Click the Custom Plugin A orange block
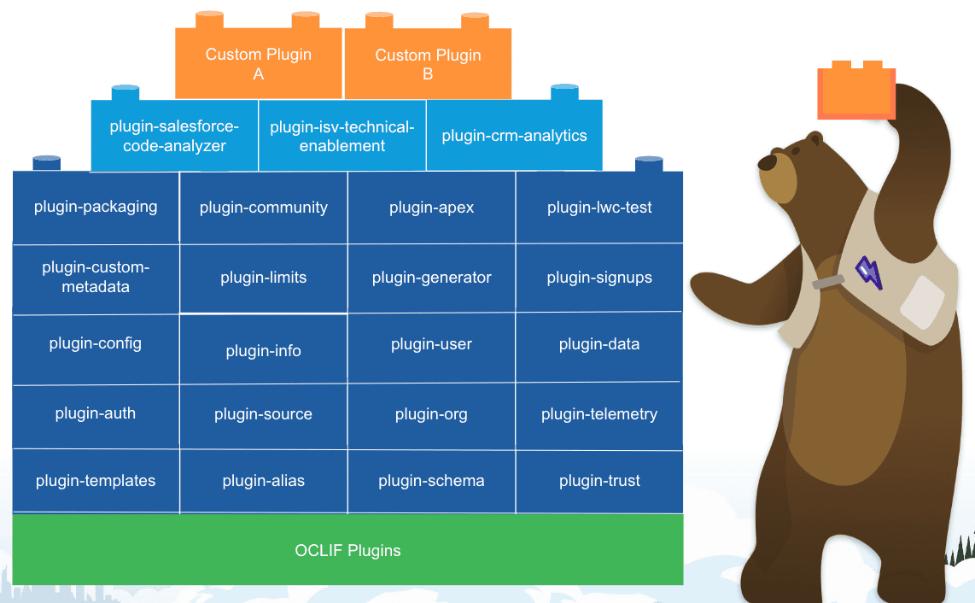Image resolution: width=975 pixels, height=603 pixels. coord(259,63)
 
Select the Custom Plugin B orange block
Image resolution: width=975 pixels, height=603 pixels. coord(428,63)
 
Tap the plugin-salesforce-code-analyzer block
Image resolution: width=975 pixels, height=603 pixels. coord(175,136)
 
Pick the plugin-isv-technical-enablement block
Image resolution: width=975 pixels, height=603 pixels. coord(342,136)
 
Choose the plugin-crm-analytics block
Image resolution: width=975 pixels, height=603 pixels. coord(514,136)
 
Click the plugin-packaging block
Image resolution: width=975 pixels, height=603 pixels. coord(96,208)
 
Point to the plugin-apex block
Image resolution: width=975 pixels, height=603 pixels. coord(431,208)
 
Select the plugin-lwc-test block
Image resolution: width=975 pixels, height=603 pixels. coord(599,208)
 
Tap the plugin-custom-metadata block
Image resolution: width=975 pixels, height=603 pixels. coord(96,278)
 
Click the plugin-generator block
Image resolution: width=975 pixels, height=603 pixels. coord(431,278)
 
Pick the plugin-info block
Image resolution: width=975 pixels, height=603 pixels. coord(264,349)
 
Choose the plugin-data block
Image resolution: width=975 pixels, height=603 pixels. coord(599,347)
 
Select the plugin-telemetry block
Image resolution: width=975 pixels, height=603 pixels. coord(599,416)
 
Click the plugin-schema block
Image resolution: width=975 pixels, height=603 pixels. coord(431,481)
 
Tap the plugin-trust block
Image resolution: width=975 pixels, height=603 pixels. coord(599,482)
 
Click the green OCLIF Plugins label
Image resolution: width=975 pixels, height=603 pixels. coord(347,551)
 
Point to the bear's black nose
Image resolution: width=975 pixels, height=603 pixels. coord(768,162)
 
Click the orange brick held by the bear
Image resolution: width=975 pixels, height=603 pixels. coord(856,91)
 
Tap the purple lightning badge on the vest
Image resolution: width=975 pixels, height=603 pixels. coord(869,272)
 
